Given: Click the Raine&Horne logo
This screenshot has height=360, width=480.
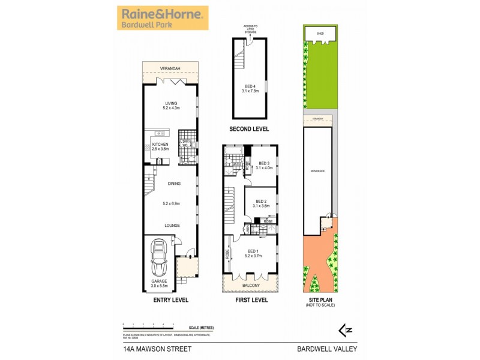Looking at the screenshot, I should pos(163,18).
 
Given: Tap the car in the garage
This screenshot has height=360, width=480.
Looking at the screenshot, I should pos(160,259).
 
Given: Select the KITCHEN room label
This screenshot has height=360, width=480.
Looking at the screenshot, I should pos(160,145).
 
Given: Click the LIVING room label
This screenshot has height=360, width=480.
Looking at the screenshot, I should pos(170,103).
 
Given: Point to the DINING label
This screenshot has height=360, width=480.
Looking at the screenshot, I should pos(173,184).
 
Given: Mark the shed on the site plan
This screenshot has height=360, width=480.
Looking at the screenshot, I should pos(320,34).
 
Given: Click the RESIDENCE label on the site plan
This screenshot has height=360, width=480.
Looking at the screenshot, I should pos(317,171).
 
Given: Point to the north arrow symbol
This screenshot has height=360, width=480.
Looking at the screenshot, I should pos(345,329).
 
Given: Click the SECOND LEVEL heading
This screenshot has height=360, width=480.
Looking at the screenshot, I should pos(250,129).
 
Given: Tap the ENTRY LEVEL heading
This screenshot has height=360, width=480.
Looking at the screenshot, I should pos(171,299).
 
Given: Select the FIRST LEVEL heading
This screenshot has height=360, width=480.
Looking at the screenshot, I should pos(251,299).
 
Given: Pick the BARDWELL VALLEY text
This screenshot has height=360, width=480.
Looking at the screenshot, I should pos(325,347).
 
